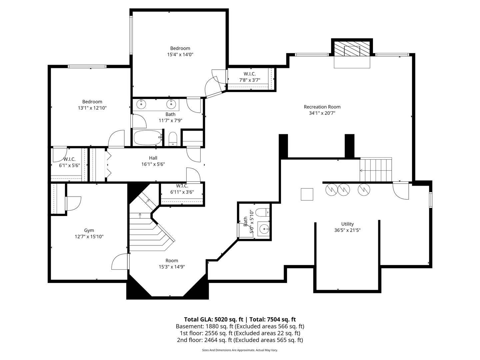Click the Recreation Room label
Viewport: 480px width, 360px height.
[322, 107]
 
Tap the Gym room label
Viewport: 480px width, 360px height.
[89, 230]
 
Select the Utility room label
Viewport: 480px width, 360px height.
[347, 224]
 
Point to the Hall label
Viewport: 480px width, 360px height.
[153, 158]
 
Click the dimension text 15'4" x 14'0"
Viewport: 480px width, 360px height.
[180, 54]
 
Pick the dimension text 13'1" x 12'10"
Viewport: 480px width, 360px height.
[92, 108]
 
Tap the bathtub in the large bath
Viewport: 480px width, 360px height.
[148, 138]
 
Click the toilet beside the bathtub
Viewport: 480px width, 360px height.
[173, 139]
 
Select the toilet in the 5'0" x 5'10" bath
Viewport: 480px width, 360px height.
[262, 212]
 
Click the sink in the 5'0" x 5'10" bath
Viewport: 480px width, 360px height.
[264, 229]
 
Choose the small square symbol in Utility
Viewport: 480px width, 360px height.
[307, 194]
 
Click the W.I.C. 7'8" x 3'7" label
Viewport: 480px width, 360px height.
[250, 77]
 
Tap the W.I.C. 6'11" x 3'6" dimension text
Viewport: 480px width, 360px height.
[182, 192]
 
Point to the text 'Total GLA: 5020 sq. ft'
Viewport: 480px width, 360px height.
[213, 320]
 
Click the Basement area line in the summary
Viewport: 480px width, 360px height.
[240, 326]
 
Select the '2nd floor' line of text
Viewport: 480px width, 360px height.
[240, 340]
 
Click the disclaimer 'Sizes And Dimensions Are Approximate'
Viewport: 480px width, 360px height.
[228, 350]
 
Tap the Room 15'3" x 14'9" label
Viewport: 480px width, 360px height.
[172, 264]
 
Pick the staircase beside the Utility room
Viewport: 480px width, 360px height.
[376, 169]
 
